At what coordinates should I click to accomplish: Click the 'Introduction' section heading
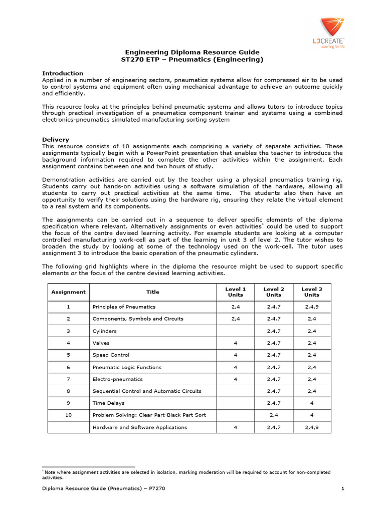63,73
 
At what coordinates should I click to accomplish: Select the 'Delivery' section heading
56,139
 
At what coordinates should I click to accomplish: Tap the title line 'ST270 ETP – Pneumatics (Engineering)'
192,60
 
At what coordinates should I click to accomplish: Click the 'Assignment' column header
68,292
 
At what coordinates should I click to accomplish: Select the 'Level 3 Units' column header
312,292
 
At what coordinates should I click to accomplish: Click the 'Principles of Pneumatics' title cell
123,307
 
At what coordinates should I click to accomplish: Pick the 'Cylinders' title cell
104,331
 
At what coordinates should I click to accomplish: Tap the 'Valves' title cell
101,343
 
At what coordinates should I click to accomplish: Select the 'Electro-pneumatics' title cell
117,379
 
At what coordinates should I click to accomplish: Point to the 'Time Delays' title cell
108,403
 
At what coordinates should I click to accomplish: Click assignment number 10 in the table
68,415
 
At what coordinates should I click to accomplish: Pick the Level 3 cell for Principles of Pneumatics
312,307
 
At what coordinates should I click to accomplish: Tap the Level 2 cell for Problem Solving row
274,415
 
